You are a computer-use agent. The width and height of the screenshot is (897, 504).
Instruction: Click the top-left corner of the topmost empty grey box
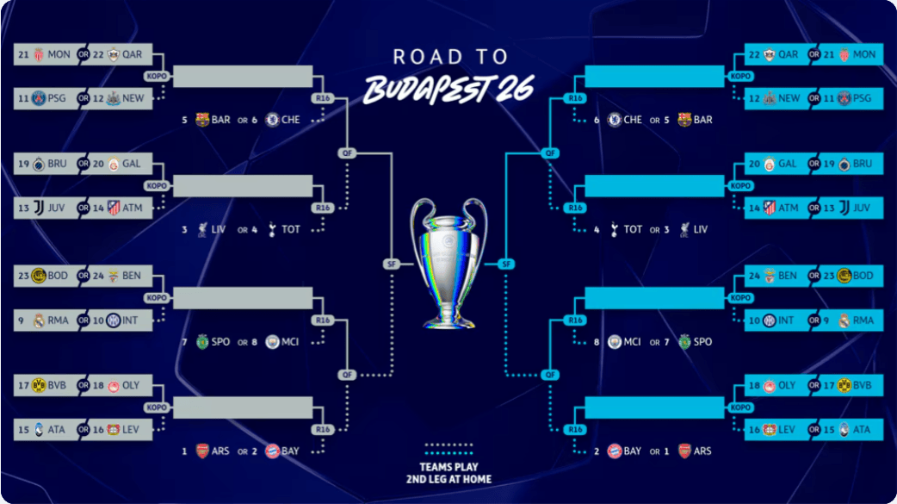point(173,65)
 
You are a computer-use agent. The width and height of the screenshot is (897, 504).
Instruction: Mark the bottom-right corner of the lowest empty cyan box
point(724,418)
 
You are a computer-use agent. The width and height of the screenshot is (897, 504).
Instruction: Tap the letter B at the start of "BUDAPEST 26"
point(381,90)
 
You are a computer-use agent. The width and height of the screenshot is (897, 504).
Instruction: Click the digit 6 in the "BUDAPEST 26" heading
point(523,90)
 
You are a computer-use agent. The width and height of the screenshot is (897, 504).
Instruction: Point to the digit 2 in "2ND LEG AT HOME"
point(409,479)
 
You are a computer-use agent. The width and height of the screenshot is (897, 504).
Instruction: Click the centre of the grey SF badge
point(392,264)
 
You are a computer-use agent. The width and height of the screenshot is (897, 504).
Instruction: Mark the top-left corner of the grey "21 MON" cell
point(14,44)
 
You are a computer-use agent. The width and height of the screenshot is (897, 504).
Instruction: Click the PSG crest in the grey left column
point(39,98)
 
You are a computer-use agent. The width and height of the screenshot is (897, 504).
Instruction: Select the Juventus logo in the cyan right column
point(844,208)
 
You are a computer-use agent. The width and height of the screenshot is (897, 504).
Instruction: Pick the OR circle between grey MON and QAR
point(84,54)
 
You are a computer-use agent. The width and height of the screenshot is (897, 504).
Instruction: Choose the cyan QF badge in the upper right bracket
point(550,152)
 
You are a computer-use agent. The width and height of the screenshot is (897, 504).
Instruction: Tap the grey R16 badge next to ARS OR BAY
point(323,430)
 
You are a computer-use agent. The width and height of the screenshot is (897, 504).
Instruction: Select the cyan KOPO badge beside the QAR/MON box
point(740,76)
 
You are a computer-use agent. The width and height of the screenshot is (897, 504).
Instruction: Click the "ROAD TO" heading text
point(450,57)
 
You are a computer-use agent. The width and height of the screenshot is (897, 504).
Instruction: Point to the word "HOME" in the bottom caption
point(477,479)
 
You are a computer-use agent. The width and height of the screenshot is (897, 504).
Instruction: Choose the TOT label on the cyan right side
point(633,229)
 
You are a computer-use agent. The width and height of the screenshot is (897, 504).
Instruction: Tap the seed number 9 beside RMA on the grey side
point(22,320)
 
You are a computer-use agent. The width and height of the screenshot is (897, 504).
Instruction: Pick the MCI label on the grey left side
point(290,342)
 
